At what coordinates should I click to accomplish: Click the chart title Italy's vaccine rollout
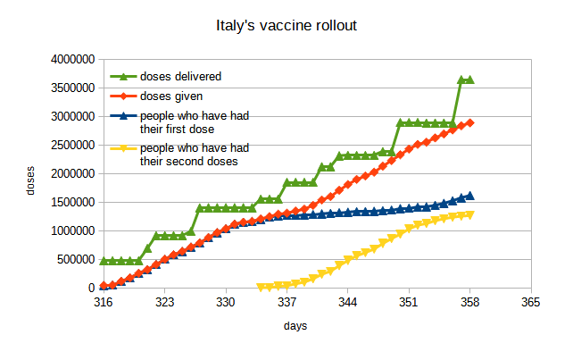pyautogui.click(x=286, y=26)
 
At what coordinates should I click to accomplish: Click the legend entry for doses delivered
pyautogui.click(x=179, y=76)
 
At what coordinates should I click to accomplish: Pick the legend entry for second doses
pyautogui.click(x=194, y=155)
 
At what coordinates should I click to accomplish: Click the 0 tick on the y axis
pyautogui.click(x=90, y=289)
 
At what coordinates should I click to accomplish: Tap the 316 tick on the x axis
pyautogui.click(x=103, y=303)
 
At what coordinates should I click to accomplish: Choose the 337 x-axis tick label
pyautogui.click(x=286, y=303)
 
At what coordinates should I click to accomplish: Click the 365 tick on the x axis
pyautogui.click(x=531, y=303)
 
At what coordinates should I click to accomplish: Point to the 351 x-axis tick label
pyautogui.click(x=409, y=303)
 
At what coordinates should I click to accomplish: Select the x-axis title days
pyautogui.click(x=295, y=327)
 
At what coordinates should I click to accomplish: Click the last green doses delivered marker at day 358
pyautogui.click(x=470, y=80)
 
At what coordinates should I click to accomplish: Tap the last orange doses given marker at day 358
pyautogui.click(x=470, y=122)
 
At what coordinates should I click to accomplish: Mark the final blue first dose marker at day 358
pyautogui.click(x=470, y=196)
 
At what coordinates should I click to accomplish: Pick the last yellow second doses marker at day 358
pyautogui.click(x=470, y=214)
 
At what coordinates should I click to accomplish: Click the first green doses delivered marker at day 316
pyautogui.click(x=104, y=261)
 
